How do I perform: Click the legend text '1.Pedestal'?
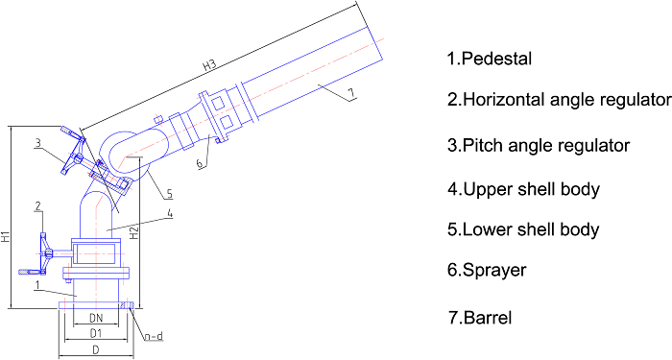489,59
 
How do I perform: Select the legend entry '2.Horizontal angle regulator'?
560,100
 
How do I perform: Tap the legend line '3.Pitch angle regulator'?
539,145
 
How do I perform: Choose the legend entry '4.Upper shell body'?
523,189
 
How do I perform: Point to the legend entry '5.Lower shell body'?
523,229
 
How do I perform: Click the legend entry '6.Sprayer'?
487,271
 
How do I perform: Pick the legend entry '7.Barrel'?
480,318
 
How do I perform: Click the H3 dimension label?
209,65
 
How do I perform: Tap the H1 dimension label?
6,237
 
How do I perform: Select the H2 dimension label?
134,233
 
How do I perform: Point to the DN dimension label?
96,319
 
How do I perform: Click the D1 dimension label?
96,333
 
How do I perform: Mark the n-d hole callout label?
154,336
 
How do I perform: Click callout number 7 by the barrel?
351,93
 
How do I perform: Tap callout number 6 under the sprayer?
200,164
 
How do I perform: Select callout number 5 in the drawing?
170,194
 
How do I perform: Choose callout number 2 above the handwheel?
38,206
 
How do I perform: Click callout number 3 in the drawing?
38,143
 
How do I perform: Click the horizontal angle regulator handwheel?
44,253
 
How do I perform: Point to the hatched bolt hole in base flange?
124,305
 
